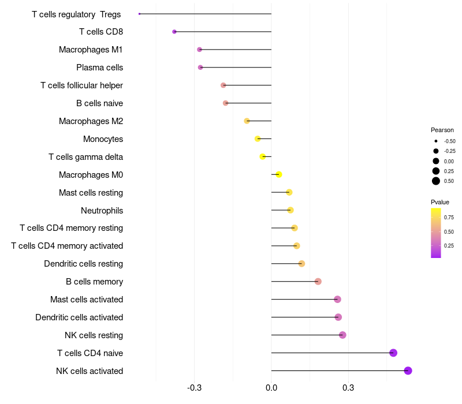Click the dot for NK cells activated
pyautogui.click(x=408, y=371)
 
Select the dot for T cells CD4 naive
pyautogui.click(x=393, y=353)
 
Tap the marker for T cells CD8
pyautogui.click(x=174, y=32)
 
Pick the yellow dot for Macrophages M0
pyautogui.click(x=279, y=174)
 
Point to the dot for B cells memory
pyautogui.click(x=318, y=282)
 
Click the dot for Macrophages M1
pyautogui.click(x=199, y=50)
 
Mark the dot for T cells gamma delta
pyautogui.click(x=263, y=156)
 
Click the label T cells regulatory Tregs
pyautogui.click(x=77, y=14)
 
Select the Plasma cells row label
pyautogui.click(x=99, y=68)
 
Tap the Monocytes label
pyautogui.click(x=103, y=139)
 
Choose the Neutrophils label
pyautogui.click(x=102, y=210)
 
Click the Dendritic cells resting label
pyautogui.click(x=83, y=264)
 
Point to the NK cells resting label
pyautogui.click(x=94, y=335)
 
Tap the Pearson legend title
pyautogui.click(x=442, y=130)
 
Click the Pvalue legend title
pyautogui.click(x=440, y=202)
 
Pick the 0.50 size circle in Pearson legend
pyautogui.click(x=436, y=181)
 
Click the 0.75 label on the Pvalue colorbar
pyautogui.click(x=449, y=218)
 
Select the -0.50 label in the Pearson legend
pyautogui.click(x=449, y=141)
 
